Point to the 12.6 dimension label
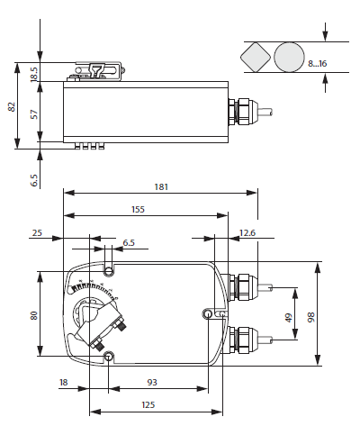247,234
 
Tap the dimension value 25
37,233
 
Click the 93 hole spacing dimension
153,383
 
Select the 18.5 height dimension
35,73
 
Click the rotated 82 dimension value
12,106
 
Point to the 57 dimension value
35,113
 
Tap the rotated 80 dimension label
34,315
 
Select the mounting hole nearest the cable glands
209,313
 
